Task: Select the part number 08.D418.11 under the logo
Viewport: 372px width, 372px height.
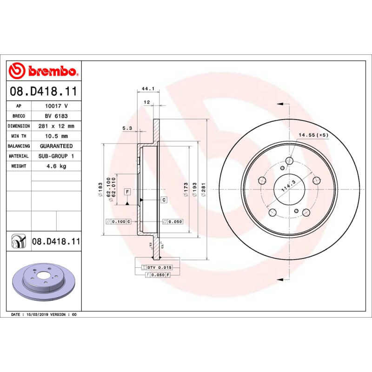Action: [43, 92]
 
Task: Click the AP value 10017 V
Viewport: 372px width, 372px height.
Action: [56, 106]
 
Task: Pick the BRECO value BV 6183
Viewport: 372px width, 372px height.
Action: [56, 116]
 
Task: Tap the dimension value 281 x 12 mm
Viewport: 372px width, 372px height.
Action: [56, 126]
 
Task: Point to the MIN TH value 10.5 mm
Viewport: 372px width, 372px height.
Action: [56, 136]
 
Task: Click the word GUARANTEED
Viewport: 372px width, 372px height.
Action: [56, 146]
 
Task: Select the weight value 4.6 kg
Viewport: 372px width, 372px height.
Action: [56, 166]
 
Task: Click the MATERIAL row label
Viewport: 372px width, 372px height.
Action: [19, 156]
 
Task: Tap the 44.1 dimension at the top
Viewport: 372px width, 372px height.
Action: [147, 88]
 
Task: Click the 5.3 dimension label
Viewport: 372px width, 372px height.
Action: [127, 128]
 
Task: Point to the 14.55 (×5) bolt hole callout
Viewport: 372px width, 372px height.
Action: [313, 135]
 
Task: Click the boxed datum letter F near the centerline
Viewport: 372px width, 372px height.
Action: [126, 191]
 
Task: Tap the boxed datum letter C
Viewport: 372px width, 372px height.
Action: [164, 200]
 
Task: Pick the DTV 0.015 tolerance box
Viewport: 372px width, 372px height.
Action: [157, 267]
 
